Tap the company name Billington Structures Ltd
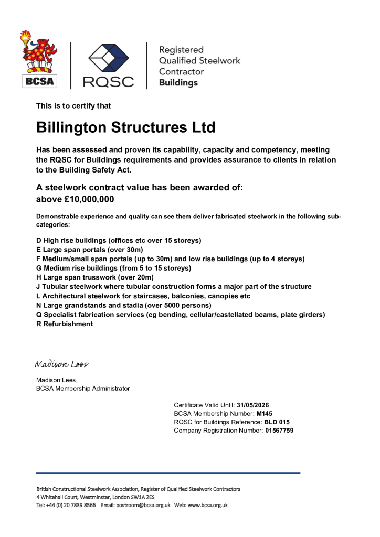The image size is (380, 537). click(x=125, y=128)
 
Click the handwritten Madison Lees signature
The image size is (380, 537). click(x=61, y=364)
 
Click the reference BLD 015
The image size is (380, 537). click(x=277, y=422)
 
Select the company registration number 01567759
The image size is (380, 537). click(x=279, y=430)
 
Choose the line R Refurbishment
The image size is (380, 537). click(x=65, y=324)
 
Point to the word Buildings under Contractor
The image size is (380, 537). click(x=178, y=83)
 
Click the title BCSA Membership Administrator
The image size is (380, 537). click(x=83, y=388)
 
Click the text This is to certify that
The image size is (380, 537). click(x=73, y=106)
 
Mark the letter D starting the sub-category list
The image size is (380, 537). click(x=39, y=240)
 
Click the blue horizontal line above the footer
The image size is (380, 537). click(x=168, y=473)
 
